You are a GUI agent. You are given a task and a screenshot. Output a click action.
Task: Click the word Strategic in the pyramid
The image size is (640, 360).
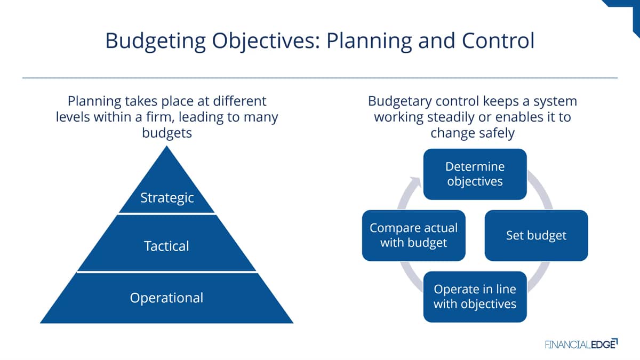167,198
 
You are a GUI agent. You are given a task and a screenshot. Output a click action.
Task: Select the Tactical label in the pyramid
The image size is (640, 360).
166,246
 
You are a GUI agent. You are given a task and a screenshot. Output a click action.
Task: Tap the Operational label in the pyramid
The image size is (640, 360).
166,298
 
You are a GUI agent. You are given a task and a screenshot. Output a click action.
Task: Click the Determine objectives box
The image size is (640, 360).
475,174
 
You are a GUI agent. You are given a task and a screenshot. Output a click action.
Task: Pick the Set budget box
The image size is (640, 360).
537,235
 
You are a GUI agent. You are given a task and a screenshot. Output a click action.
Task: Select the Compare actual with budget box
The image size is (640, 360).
414,235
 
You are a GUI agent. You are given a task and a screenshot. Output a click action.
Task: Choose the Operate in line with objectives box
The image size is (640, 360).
475,297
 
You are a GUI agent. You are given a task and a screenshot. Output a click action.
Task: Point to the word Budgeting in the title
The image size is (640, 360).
155,42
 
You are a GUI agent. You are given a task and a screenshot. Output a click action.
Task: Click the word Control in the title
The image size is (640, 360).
498,41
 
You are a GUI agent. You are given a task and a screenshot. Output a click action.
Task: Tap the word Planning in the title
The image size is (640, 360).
369,42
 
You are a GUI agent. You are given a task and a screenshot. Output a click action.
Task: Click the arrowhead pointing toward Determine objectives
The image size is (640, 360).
415,182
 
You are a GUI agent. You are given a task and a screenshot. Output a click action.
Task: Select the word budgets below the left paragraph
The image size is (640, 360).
167,133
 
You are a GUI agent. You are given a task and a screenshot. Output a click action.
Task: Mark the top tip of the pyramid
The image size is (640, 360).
166,146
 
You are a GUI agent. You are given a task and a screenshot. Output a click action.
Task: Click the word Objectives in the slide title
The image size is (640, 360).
266,42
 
